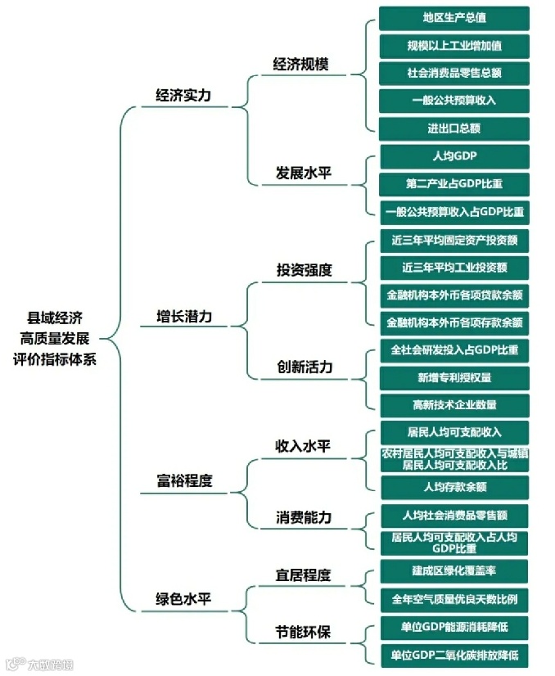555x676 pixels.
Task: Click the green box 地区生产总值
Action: point(453,18)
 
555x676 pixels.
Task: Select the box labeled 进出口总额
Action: point(453,128)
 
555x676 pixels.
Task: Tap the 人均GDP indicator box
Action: point(453,155)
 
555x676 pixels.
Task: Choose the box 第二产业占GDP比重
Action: point(453,183)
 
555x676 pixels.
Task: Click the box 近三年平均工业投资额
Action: point(453,267)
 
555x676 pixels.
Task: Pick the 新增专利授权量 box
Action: point(453,377)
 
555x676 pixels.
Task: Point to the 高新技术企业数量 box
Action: point(453,404)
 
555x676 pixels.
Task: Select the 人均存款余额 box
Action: point(453,487)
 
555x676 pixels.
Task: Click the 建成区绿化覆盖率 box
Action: point(453,570)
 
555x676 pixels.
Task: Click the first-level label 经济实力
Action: point(183,96)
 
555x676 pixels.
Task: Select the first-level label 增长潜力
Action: point(183,316)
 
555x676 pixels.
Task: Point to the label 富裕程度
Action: point(183,481)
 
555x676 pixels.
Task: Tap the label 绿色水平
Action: point(183,598)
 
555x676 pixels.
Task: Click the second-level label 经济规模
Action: point(300,64)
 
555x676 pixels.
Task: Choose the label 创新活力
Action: point(305,367)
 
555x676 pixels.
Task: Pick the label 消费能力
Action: point(303,518)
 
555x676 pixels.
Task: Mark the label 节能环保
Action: point(303,633)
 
